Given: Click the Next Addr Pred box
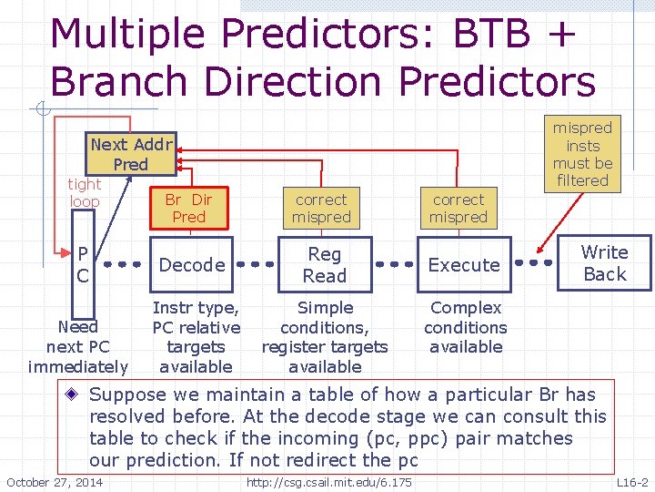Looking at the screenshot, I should [x=130, y=154].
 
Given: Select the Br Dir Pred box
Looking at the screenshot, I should [x=188, y=209].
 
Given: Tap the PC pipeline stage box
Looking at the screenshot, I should [x=83, y=265].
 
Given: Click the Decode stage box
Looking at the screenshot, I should [x=192, y=265].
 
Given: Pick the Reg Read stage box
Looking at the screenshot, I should [x=324, y=265].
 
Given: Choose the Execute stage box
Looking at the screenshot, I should [x=464, y=265].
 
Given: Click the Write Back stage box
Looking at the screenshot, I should [x=604, y=263].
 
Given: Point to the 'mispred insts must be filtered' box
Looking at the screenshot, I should [x=582, y=154].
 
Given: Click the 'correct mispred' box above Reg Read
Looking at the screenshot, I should [x=321, y=209].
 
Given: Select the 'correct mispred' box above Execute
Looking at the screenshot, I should [x=458, y=209].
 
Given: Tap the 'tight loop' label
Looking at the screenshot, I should [x=85, y=192].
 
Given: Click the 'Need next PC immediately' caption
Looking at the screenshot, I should [x=78, y=346].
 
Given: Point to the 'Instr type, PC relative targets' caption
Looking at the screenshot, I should [x=196, y=337].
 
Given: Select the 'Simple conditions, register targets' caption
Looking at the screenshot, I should [x=325, y=337].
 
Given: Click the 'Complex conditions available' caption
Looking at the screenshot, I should [x=466, y=327].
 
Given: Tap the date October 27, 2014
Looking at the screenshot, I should [x=55, y=482].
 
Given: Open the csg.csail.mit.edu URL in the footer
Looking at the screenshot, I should [x=329, y=482].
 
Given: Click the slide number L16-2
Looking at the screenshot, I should [x=631, y=482].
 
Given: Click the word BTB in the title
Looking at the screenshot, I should [x=472, y=34].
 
